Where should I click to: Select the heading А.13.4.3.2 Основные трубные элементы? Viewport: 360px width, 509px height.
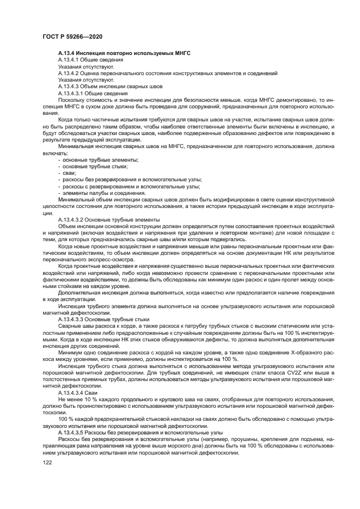[x=108, y=219]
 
